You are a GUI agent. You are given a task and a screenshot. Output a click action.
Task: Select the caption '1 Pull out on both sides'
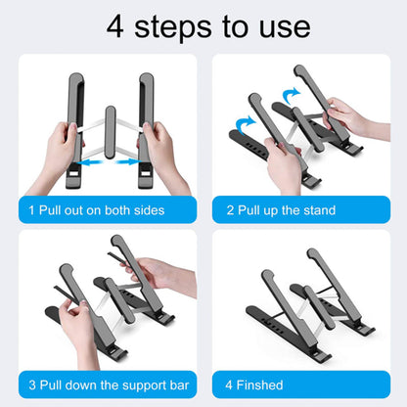tap(95, 210)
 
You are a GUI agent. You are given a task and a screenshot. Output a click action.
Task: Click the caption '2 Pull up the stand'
tap(281, 210)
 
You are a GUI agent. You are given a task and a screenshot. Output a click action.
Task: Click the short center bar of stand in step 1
tap(110, 132)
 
